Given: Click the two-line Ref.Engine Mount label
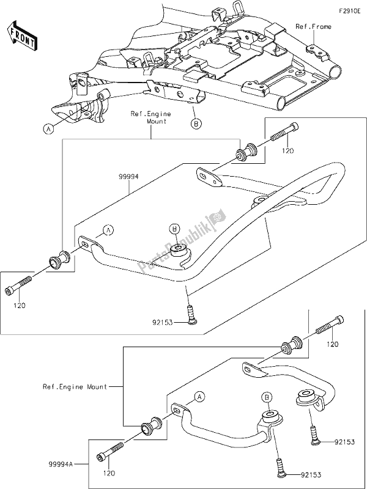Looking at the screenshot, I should click(x=151, y=118).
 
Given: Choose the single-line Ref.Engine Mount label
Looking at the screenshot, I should click(x=75, y=386).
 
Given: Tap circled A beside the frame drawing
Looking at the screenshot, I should click(x=48, y=128).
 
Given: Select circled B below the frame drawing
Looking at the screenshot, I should click(x=196, y=124).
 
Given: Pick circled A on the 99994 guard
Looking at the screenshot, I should click(x=108, y=230).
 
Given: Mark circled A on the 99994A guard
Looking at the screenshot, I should click(x=198, y=397).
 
